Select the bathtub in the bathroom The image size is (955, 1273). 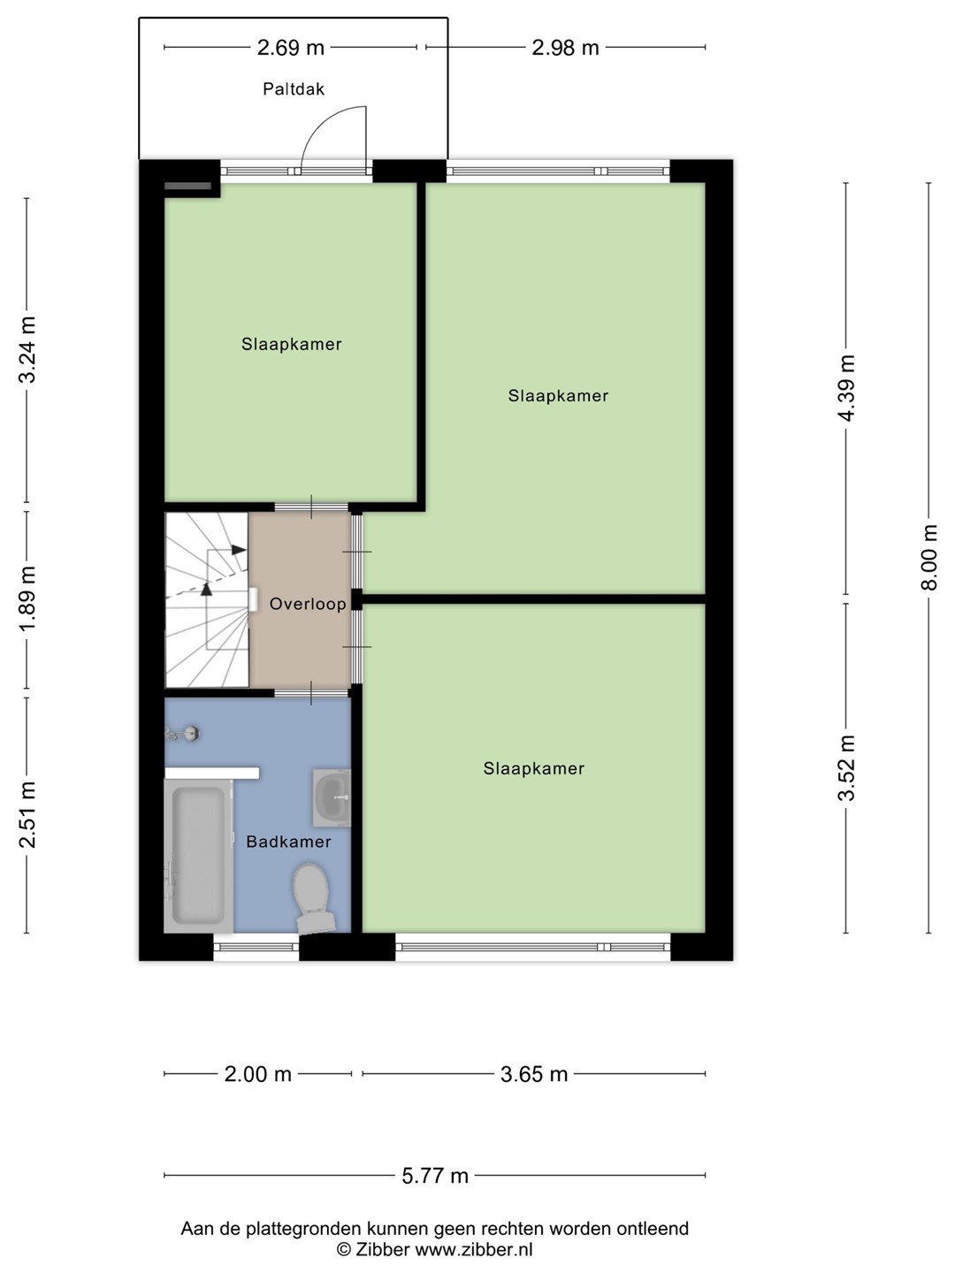coord(198,856)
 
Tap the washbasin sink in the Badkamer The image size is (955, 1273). coord(332,797)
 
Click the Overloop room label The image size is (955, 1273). coord(308,604)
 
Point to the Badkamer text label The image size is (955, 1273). coord(289,842)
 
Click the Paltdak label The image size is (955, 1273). coord(294,88)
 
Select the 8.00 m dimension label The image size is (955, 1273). coord(928,557)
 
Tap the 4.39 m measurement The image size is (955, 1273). coord(846,388)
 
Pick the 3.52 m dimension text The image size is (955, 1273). coord(846,768)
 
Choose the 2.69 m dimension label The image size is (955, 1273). coord(291,48)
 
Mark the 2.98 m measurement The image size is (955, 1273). coord(565,48)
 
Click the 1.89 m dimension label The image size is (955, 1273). coord(27,599)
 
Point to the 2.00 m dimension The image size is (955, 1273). coord(257,1074)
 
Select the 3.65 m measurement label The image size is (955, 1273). coord(534,1074)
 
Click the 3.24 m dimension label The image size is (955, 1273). coord(27,350)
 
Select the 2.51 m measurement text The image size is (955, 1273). coord(27,814)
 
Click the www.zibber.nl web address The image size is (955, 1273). coord(474,1248)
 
